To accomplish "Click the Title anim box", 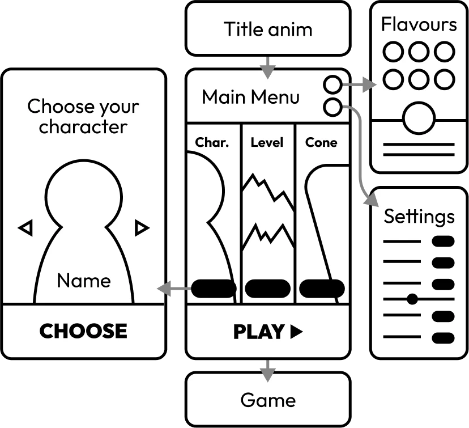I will (267, 28).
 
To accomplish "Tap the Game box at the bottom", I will (267, 400).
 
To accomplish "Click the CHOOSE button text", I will (83, 331).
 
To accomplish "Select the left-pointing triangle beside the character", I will (25, 228).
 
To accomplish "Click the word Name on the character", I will (84, 281).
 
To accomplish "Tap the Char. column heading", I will (212, 142).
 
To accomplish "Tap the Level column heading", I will (267, 142).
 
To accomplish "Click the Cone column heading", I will (321, 142).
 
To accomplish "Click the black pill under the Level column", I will (267, 288).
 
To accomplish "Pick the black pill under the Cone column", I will (322, 288).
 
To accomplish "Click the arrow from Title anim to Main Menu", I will (267, 67).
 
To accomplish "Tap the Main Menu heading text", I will (250, 97).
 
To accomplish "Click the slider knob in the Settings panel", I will (412, 299).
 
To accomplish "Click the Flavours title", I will (419, 24).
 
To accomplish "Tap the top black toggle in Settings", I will (443, 242).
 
